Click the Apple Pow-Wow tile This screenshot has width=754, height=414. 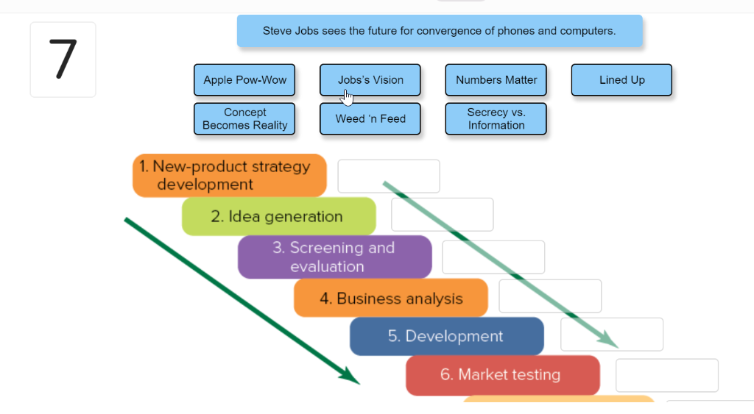[x=244, y=80]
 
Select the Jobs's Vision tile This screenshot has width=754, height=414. [x=370, y=80]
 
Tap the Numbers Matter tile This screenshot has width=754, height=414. [x=496, y=80]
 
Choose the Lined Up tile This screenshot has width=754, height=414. [x=621, y=80]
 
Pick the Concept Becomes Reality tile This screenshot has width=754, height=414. [x=244, y=119]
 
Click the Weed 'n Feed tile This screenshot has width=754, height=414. [x=370, y=119]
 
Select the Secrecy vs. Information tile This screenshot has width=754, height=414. [x=496, y=119]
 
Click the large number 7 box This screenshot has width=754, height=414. [x=63, y=60]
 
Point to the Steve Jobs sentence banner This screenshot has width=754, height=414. [x=440, y=32]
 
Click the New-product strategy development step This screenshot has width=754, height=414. [x=230, y=176]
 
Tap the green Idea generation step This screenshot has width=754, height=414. [x=278, y=216]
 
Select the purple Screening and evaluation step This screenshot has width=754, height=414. [x=334, y=257]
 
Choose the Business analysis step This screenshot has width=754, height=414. [x=390, y=298]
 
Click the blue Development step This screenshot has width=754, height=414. [x=446, y=336]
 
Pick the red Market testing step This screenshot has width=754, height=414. [x=502, y=375]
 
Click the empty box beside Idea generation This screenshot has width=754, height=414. [x=443, y=215]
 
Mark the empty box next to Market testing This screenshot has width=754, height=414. [x=667, y=376]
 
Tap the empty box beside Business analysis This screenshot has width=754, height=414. [x=550, y=296]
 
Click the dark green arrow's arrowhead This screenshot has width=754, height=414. [x=351, y=376]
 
